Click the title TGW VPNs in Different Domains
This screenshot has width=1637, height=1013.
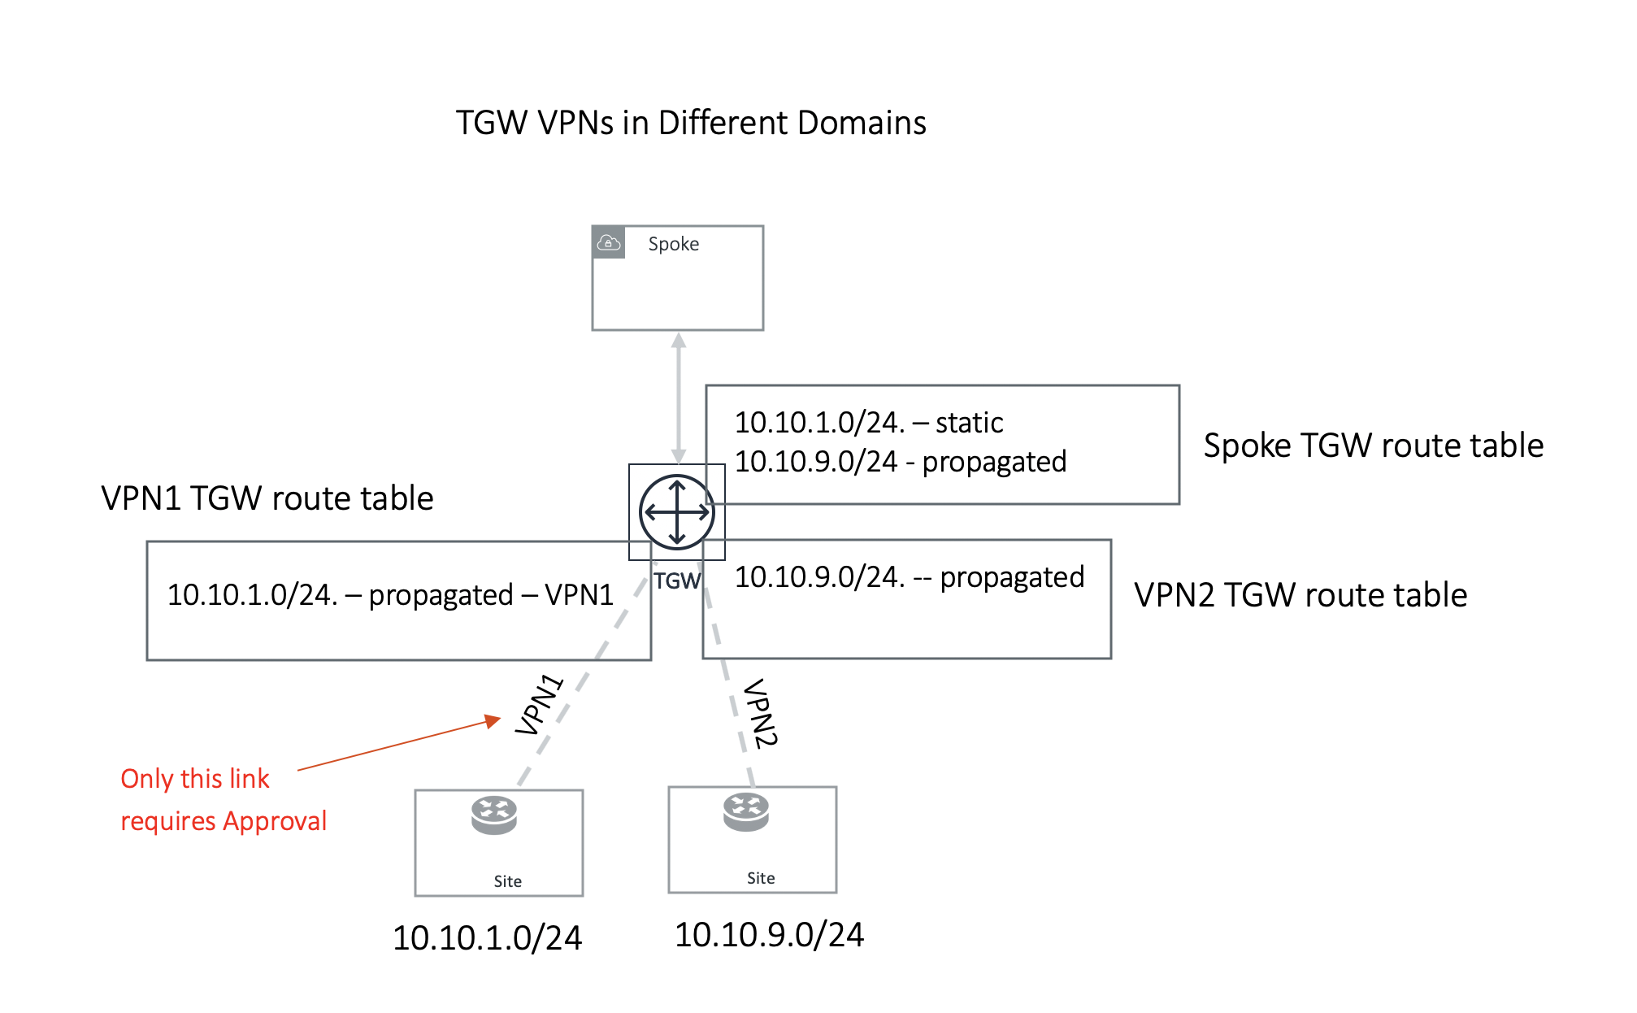(x=690, y=123)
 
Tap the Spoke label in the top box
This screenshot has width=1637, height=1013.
(x=673, y=244)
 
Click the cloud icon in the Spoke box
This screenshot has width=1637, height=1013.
(x=609, y=242)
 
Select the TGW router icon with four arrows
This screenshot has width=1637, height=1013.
(x=676, y=512)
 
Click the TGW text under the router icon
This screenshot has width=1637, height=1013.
(x=677, y=581)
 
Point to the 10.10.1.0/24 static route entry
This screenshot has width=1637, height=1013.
(x=868, y=423)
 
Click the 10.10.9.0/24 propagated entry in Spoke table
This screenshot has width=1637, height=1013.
(x=900, y=462)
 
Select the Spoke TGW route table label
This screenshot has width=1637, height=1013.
(x=1373, y=446)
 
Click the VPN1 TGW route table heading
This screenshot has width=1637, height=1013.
(x=267, y=498)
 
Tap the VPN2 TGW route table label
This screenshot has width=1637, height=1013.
(x=1300, y=595)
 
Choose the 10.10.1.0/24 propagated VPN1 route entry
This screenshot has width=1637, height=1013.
(x=390, y=595)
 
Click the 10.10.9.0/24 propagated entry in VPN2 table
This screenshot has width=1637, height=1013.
(x=909, y=577)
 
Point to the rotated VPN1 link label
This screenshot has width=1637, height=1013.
(x=539, y=705)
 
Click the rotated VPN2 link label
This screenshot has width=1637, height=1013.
(x=761, y=713)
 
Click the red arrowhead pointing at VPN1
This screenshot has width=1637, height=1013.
(x=493, y=720)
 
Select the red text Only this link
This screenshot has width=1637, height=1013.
(x=194, y=779)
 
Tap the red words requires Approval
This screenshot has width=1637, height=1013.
(x=224, y=821)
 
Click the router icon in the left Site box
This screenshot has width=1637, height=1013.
(x=494, y=815)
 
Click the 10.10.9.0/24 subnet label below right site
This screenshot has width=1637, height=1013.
(x=769, y=935)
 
